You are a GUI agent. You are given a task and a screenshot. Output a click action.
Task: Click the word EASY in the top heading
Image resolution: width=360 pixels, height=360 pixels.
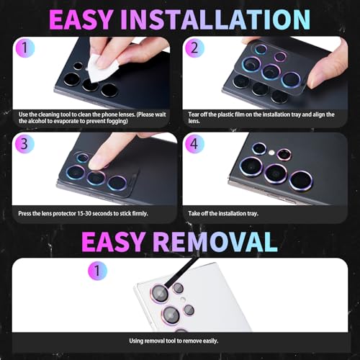click(x=81, y=19)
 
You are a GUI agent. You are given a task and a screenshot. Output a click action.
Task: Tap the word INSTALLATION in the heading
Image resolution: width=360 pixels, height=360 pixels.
click(x=215, y=19)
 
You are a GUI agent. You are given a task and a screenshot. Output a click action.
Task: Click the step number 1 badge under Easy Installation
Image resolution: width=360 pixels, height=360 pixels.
click(x=24, y=48)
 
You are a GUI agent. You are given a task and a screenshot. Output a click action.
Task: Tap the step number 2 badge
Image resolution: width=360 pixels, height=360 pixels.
click(x=194, y=48)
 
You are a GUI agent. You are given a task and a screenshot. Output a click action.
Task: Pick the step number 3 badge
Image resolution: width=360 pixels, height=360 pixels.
click(x=24, y=143)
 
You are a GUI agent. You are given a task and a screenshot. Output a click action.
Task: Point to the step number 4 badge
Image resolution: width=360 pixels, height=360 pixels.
click(x=194, y=143)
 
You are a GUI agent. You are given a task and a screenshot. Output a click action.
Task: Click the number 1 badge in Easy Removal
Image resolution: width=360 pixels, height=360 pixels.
click(x=97, y=271)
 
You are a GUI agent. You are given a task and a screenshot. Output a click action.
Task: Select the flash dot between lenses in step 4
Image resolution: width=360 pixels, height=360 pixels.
click(x=271, y=152)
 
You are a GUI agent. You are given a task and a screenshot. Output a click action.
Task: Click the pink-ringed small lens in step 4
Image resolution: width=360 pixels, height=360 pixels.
click(x=284, y=154)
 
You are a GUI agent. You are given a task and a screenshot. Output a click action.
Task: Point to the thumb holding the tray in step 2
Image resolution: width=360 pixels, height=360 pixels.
click(x=329, y=65)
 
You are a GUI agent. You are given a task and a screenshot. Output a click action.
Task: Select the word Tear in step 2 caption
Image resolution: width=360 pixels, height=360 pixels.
click(x=194, y=114)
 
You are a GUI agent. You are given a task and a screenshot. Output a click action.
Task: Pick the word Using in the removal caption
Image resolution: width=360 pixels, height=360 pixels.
click(x=136, y=341)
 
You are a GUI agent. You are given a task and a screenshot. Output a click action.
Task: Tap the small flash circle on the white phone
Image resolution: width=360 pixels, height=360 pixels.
click(x=183, y=300)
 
